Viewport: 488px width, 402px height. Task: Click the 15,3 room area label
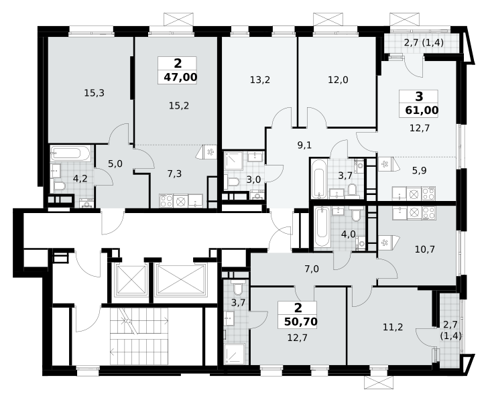95,92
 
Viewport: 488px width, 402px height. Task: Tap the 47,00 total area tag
180,77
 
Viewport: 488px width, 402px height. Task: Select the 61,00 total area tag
422,110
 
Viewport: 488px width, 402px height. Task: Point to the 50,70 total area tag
300,322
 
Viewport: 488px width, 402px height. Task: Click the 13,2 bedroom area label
260,80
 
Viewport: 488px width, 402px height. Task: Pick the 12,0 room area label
338,80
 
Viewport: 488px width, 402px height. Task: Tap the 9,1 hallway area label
304,145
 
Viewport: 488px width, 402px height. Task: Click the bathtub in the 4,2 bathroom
70,153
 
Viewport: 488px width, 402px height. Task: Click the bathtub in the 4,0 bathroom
322,228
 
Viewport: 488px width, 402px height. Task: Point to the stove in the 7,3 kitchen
166,201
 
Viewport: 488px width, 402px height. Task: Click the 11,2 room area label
393,327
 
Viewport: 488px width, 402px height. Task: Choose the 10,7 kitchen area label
425,249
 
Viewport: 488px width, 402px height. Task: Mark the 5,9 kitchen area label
419,170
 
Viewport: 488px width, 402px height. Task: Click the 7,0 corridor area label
312,269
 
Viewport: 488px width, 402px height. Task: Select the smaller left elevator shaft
131,279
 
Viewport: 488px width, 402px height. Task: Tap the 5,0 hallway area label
115,163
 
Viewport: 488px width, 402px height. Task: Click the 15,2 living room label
179,106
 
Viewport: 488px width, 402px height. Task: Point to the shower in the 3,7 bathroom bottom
235,354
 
